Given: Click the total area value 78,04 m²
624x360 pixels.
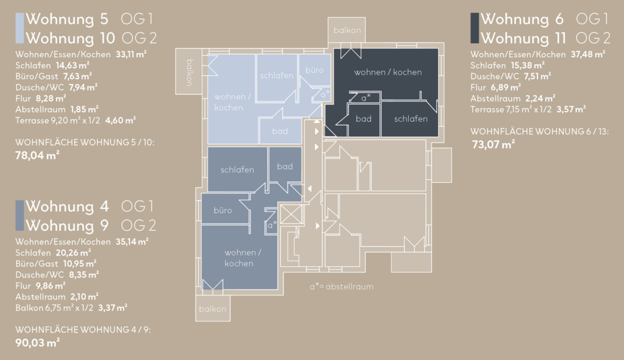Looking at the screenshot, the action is [x=37, y=155].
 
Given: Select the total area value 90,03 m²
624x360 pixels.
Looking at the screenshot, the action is [x=37, y=342].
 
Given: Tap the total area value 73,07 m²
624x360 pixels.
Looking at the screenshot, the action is [x=493, y=144].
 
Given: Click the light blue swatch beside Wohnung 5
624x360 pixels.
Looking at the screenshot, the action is [x=19, y=28].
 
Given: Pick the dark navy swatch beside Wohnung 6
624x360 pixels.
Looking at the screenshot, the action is [x=475, y=28].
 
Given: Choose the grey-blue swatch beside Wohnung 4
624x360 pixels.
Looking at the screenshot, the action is [x=19, y=215].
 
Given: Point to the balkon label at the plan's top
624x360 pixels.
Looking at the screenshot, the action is [x=347, y=30].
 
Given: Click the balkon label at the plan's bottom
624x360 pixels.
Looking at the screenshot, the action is [x=213, y=309].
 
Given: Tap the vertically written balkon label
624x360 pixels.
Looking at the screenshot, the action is [x=190, y=72].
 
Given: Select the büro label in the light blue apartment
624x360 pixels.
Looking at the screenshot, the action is [x=314, y=70].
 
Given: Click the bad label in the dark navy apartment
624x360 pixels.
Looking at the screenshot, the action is [x=363, y=119].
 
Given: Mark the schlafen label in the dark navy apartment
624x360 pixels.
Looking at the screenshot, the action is [x=411, y=119].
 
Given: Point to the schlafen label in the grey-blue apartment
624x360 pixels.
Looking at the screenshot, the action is [x=237, y=169].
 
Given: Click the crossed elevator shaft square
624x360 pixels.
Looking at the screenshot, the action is [x=291, y=214].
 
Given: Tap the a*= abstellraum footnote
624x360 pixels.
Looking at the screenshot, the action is [x=341, y=286].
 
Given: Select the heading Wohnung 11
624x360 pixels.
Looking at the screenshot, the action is [x=523, y=38].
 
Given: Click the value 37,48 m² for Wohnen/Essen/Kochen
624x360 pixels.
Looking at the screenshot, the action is [x=588, y=54].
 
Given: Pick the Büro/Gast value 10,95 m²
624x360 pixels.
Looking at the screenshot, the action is [x=80, y=263].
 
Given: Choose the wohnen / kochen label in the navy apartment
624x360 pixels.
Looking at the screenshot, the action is [x=388, y=72].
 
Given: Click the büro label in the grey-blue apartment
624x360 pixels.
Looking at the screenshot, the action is [x=222, y=210].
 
